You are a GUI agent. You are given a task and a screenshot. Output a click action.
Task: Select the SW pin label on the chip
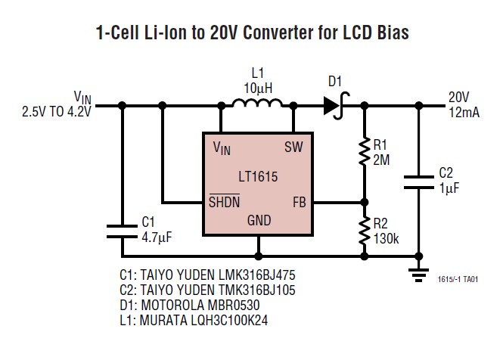pyautogui.click(x=293, y=147)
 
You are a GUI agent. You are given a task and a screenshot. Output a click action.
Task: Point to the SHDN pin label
pyautogui.click(x=225, y=202)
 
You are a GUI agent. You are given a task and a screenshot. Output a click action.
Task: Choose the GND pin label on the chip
pyautogui.click(x=259, y=222)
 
